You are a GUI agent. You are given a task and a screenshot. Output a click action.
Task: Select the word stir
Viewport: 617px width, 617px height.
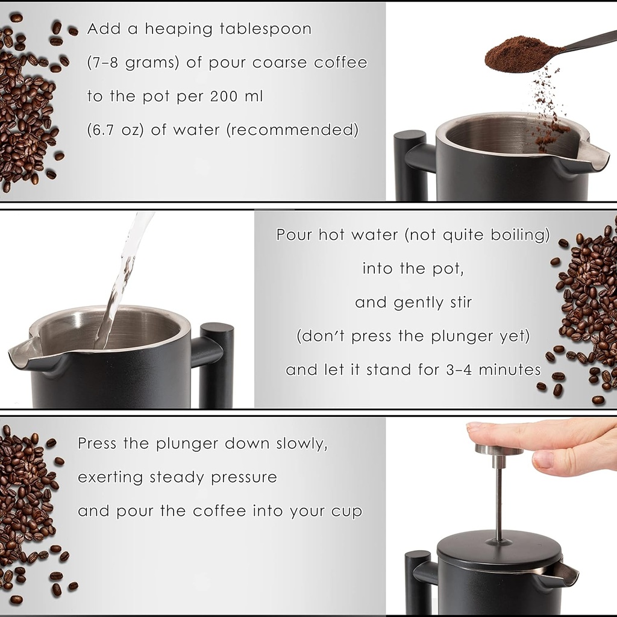[456, 302]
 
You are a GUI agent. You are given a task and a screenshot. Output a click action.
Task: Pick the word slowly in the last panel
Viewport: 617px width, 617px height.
[301, 444]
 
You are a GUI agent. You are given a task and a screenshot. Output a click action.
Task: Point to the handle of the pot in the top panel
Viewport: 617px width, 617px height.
[404, 163]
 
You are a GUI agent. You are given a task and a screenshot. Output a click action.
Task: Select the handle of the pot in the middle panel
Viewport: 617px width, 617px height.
[216, 362]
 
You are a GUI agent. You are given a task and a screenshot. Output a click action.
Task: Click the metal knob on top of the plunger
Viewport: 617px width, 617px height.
[498, 449]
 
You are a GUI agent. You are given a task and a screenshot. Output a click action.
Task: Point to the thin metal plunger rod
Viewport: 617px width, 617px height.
[499, 500]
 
